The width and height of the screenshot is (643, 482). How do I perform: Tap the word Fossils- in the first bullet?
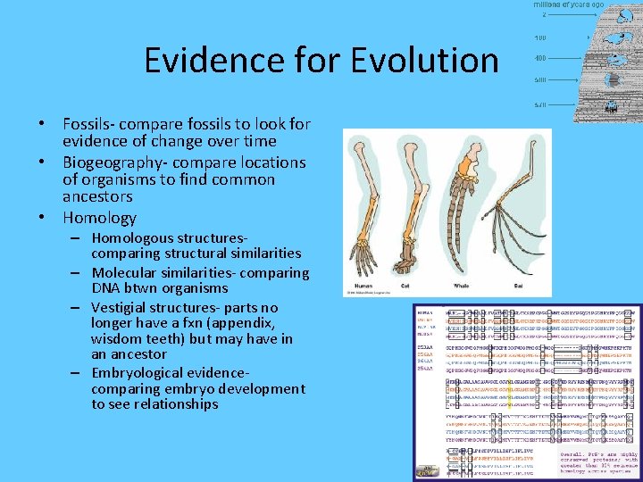pos(91,124)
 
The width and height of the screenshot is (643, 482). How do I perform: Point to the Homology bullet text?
pos(99,218)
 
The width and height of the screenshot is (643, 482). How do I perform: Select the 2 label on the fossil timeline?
pos(543,14)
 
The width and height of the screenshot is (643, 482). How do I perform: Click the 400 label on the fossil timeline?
pos(540,58)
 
